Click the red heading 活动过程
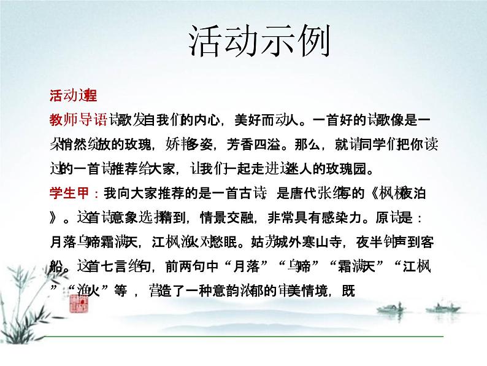[73, 95]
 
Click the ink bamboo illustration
[37, 295]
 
